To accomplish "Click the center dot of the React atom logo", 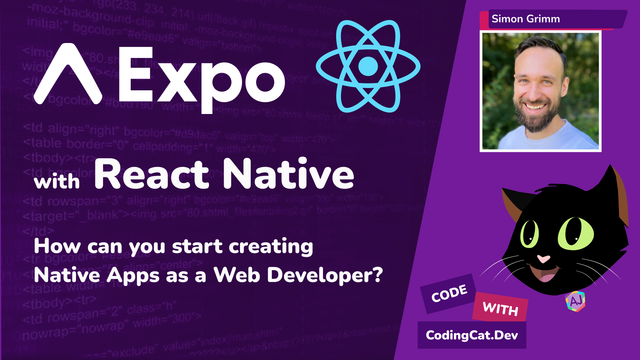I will [x=366, y=65].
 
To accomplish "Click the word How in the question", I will [x=53, y=245].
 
